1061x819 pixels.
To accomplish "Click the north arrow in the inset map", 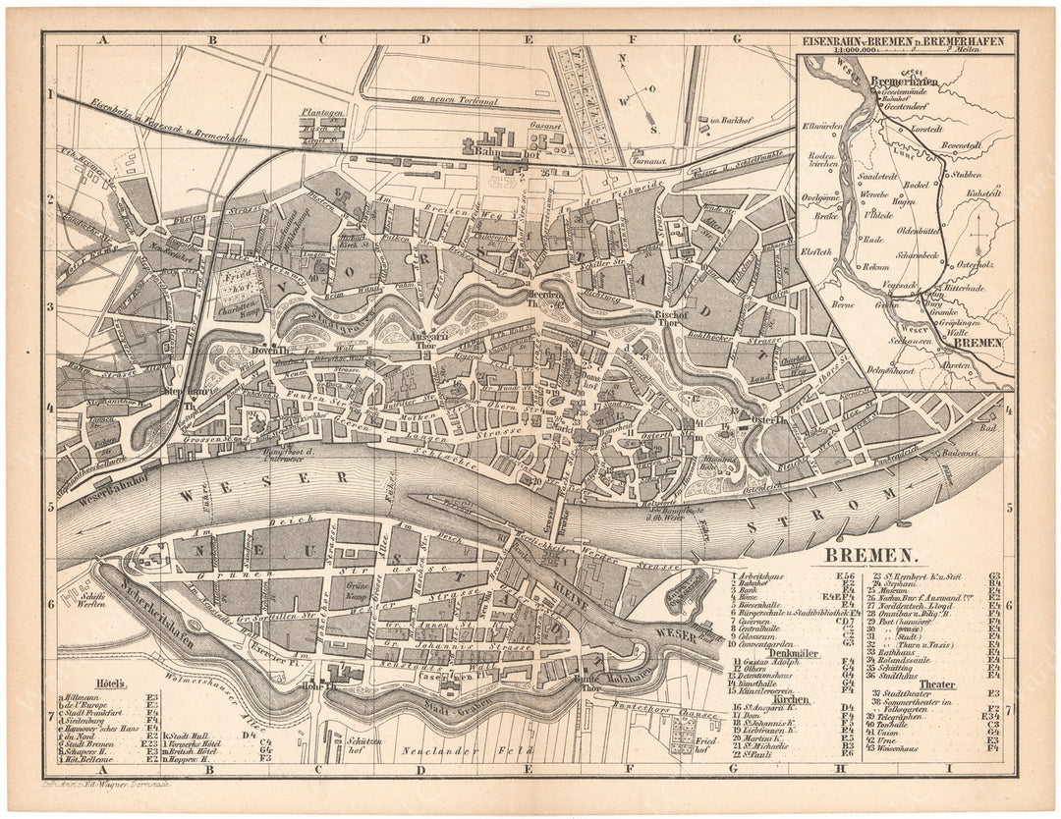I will (x=981, y=241).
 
